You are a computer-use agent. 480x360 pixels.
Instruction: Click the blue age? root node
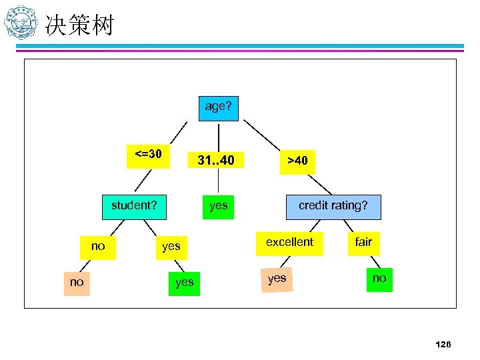[218, 107]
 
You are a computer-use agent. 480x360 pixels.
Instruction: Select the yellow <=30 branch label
[148, 156]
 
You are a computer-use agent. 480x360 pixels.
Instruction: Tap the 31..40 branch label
[216, 161]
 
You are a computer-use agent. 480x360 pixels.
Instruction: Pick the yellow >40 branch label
[297, 161]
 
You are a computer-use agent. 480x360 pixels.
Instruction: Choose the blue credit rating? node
[333, 206]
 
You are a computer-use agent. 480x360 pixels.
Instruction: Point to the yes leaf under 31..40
[218, 206]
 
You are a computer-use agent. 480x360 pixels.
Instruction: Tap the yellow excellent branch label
[289, 243]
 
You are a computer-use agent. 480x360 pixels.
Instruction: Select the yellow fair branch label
[363, 243]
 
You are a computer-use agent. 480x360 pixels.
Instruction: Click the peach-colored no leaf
[77, 282]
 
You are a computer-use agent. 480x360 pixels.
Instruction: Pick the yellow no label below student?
[98, 247]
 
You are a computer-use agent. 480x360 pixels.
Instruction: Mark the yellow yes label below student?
[171, 247]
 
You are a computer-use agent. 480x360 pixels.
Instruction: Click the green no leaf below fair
[379, 279]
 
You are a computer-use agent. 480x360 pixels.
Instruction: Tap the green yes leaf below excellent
[277, 279]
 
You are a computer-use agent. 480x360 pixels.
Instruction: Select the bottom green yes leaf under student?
[184, 283]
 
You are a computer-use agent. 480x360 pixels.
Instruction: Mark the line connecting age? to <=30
[180, 131]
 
